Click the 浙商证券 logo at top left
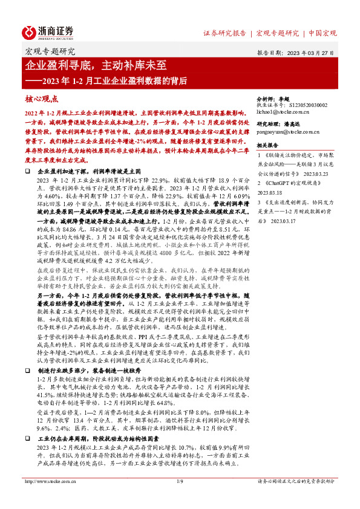pyautogui.click(x=48, y=31)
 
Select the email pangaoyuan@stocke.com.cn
pyautogui.click(x=286, y=130)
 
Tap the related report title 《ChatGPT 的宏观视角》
pyautogui.click(x=290, y=182)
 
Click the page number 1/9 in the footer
pyautogui.click(x=179, y=498)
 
